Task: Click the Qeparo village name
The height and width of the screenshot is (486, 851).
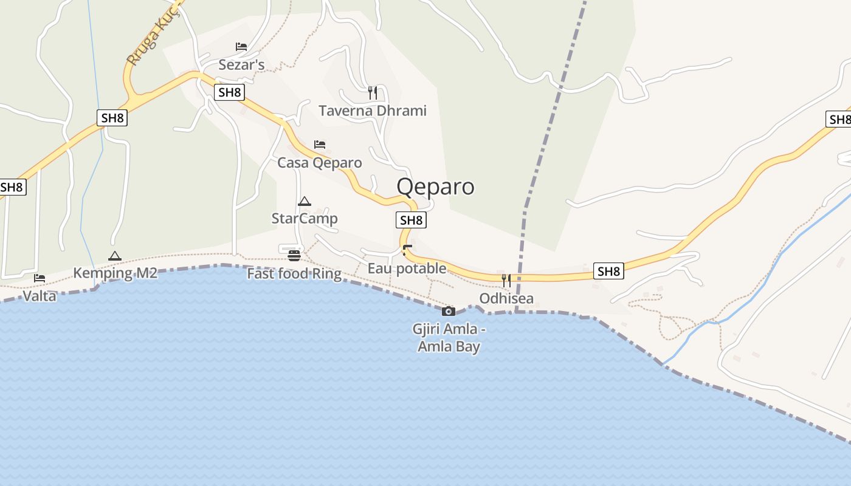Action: [x=435, y=187]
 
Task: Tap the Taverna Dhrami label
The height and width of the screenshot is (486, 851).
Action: [x=373, y=111]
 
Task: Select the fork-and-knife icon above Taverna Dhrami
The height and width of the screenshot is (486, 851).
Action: [x=373, y=92]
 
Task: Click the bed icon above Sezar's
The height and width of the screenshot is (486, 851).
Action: [x=241, y=47]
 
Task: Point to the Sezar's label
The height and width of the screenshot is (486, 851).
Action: [x=241, y=64]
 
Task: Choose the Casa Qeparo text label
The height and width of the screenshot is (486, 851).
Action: [x=320, y=163]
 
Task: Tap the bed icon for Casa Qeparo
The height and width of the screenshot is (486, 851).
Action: [x=320, y=145]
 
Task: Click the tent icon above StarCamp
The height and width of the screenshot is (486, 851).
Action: [x=305, y=201]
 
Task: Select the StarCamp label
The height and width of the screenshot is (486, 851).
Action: [x=305, y=219]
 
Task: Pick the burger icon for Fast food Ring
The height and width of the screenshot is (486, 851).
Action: [x=295, y=255]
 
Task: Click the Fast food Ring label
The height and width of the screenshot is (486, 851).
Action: [x=294, y=274]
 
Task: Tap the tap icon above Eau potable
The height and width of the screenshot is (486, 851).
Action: [x=407, y=250]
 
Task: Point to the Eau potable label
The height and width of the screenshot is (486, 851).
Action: [x=407, y=269]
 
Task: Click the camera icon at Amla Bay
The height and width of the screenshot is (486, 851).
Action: [x=449, y=312]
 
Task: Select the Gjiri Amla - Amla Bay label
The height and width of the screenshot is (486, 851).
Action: [x=449, y=338]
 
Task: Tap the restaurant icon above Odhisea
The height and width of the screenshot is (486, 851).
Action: [x=506, y=280]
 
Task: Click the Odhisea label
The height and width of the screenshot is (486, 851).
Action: [x=506, y=298]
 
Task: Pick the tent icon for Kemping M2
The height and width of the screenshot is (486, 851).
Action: [x=115, y=256]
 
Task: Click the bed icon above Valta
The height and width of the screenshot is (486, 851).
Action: [x=40, y=278]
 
